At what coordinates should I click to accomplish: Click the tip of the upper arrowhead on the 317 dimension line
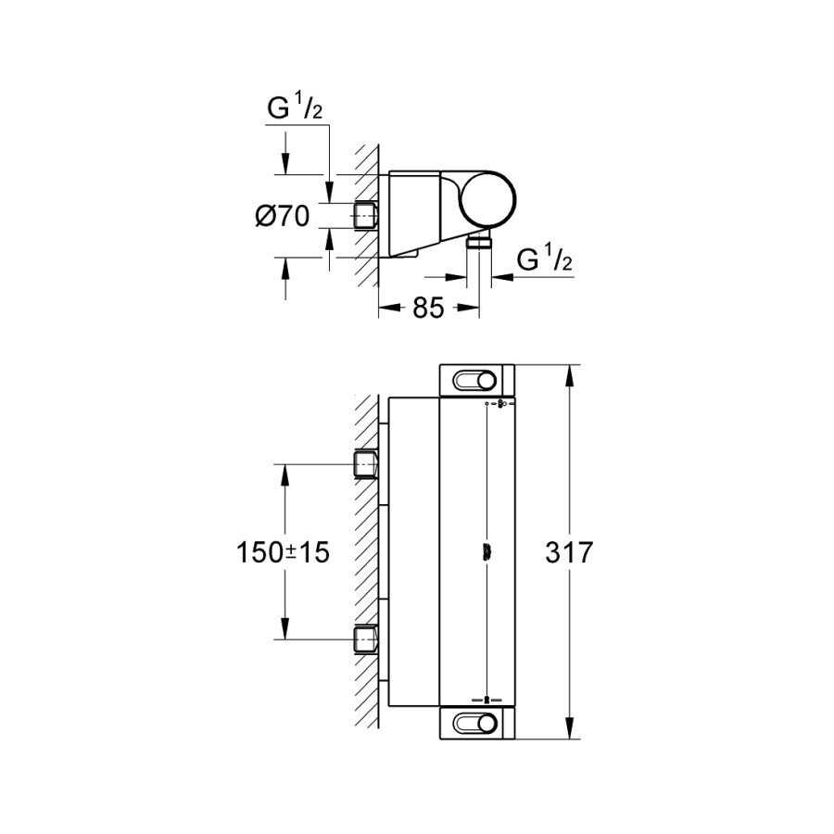[570, 365]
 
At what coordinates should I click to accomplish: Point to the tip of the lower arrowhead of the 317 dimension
[570, 739]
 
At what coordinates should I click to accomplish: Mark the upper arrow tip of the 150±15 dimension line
[285, 464]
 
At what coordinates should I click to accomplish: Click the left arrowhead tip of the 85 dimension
[379, 308]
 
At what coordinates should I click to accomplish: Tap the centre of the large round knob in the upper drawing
[487, 199]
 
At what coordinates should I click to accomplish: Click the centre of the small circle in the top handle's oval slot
[486, 381]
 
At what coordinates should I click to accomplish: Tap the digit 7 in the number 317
[585, 552]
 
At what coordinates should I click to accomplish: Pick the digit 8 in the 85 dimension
[420, 308]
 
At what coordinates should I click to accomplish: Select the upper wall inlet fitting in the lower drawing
[366, 464]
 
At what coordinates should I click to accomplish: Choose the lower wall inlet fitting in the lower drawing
[366, 638]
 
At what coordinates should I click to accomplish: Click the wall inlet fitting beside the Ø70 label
[366, 215]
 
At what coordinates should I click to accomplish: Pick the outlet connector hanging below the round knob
[479, 243]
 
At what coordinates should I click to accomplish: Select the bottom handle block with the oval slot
[477, 724]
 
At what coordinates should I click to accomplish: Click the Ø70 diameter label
[283, 216]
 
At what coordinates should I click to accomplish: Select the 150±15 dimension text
[283, 552]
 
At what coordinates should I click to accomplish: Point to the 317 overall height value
[569, 552]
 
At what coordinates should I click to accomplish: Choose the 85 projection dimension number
[428, 308]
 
